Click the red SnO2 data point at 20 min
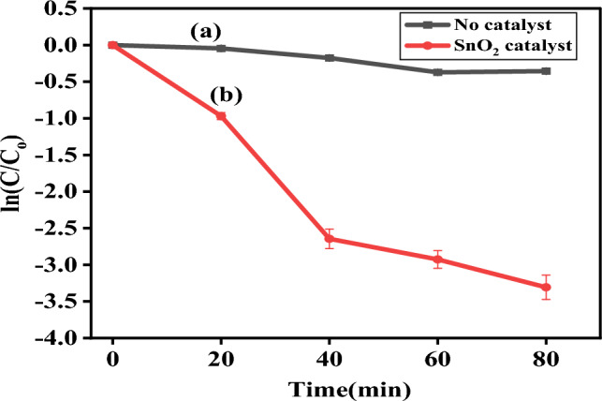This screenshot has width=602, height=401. pyautogui.click(x=221, y=115)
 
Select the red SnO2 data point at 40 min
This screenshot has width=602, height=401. pyautogui.click(x=330, y=238)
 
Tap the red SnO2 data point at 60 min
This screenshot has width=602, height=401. pyautogui.click(x=437, y=260)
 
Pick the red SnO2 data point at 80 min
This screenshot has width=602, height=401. pyautogui.click(x=546, y=287)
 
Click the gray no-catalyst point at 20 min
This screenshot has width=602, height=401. pyautogui.click(x=221, y=48)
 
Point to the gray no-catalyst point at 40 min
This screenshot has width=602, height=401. pyautogui.click(x=330, y=58)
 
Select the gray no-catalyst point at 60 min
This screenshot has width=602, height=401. pyautogui.click(x=437, y=72)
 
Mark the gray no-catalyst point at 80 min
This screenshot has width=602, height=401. pyautogui.click(x=546, y=70)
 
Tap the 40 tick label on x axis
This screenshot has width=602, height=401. pyautogui.click(x=330, y=358)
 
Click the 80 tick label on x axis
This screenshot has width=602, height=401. pyautogui.click(x=546, y=358)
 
